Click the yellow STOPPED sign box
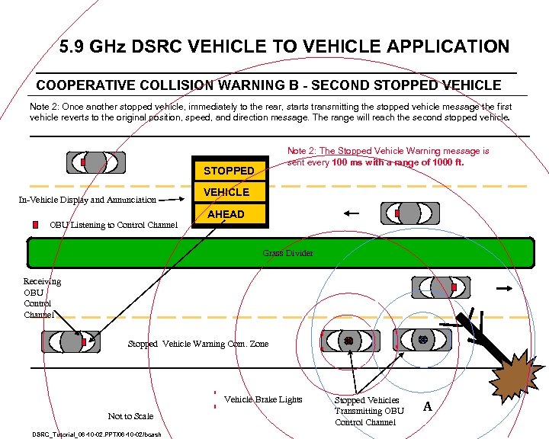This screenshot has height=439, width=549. (x=230, y=171)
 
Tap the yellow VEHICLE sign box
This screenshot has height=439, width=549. (x=226, y=192)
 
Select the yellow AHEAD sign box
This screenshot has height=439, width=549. (x=226, y=214)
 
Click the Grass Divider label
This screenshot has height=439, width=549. (x=287, y=252)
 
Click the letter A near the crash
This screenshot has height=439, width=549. (x=428, y=406)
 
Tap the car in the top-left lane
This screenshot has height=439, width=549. (x=95, y=162)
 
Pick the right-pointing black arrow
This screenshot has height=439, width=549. (x=505, y=289)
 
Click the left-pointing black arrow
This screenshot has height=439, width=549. (x=352, y=213)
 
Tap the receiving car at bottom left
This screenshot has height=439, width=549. (x=79, y=342)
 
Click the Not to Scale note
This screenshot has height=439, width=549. (x=130, y=416)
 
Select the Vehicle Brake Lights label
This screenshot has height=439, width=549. (x=263, y=399)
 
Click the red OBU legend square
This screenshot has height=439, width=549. (x=35, y=225)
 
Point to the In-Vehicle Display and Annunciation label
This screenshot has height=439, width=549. (x=87, y=200)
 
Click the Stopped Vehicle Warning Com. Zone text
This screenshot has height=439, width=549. (x=198, y=344)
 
